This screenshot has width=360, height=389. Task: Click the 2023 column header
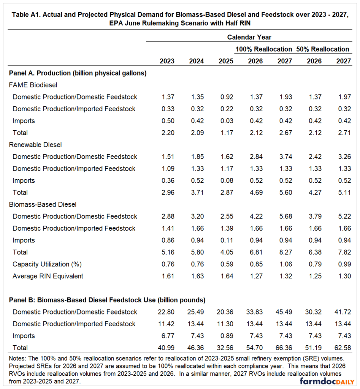coord(168,61)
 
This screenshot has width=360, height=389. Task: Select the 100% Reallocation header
coord(264,49)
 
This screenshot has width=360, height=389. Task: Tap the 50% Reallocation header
coord(322,49)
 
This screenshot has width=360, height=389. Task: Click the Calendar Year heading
coord(249,37)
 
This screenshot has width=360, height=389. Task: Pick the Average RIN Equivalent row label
coord(48,276)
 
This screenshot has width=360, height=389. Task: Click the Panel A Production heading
coord(78,73)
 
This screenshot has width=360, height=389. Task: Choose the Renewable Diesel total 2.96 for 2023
coord(168,193)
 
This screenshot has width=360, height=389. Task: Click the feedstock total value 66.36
coord(284,348)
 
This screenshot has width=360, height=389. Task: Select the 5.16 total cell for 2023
coord(168,252)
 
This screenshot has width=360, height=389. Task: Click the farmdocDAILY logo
coord(325,381)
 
